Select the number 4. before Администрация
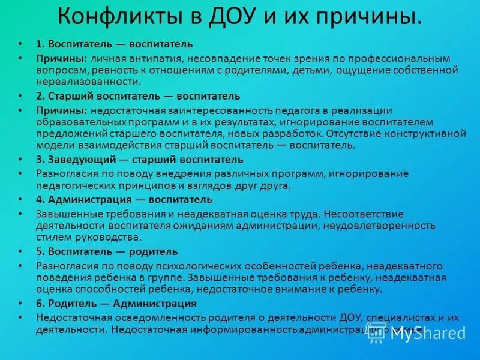[x=40, y=200]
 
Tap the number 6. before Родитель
[x=40, y=304]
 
